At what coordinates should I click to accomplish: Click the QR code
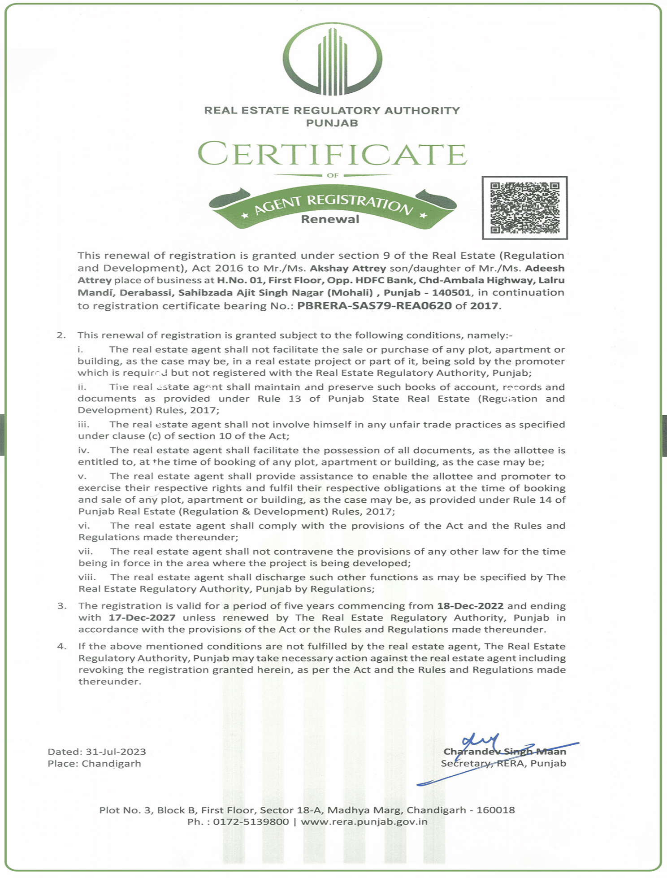tap(524, 208)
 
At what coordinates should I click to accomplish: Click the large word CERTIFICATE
tap(332, 154)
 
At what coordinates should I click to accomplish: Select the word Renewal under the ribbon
tap(330, 219)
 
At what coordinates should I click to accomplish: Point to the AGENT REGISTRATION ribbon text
tap(333, 204)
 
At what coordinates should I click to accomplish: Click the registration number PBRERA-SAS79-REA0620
tap(374, 306)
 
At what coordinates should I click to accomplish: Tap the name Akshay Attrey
tap(348, 268)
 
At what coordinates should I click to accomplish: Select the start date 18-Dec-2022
tap(470, 606)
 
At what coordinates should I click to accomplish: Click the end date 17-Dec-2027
tap(142, 617)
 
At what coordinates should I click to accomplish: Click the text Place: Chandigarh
tap(94, 763)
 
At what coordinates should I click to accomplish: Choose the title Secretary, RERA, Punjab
tap(503, 763)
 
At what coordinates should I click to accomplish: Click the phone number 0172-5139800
tap(251, 821)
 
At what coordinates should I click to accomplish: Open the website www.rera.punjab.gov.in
tap(364, 821)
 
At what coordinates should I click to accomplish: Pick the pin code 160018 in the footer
tap(495, 810)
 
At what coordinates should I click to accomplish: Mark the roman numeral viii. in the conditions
tap(87, 577)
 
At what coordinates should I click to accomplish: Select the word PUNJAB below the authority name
tap(332, 123)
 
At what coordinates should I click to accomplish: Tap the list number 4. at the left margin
tap(62, 646)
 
